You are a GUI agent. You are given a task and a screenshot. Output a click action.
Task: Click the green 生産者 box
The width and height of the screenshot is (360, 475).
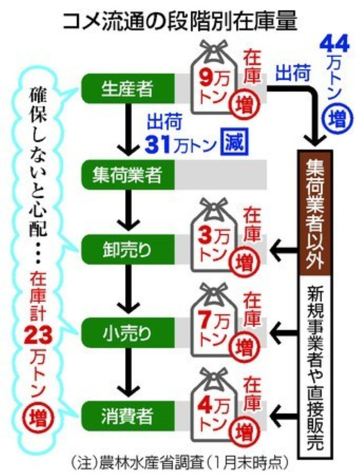click(128, 89)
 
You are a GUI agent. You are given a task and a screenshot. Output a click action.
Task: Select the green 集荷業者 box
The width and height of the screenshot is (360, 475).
click(128, 175)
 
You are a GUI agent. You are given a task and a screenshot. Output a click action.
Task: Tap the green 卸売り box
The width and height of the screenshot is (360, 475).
click(128, 250)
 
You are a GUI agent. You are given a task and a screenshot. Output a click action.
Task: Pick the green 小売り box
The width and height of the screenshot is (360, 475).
click(128, 333)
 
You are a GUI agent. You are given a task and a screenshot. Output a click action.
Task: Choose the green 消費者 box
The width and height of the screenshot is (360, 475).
click(128, 416)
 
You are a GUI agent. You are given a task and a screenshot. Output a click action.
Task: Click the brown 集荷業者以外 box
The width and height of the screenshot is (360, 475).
click(315, 213)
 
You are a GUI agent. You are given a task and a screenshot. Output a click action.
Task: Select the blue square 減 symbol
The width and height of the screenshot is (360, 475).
click(234, 142)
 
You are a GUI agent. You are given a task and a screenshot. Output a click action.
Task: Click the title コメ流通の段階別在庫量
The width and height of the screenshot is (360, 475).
click(179, 21)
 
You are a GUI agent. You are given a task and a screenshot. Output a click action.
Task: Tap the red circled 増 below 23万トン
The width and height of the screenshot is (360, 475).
click(38, 419)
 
